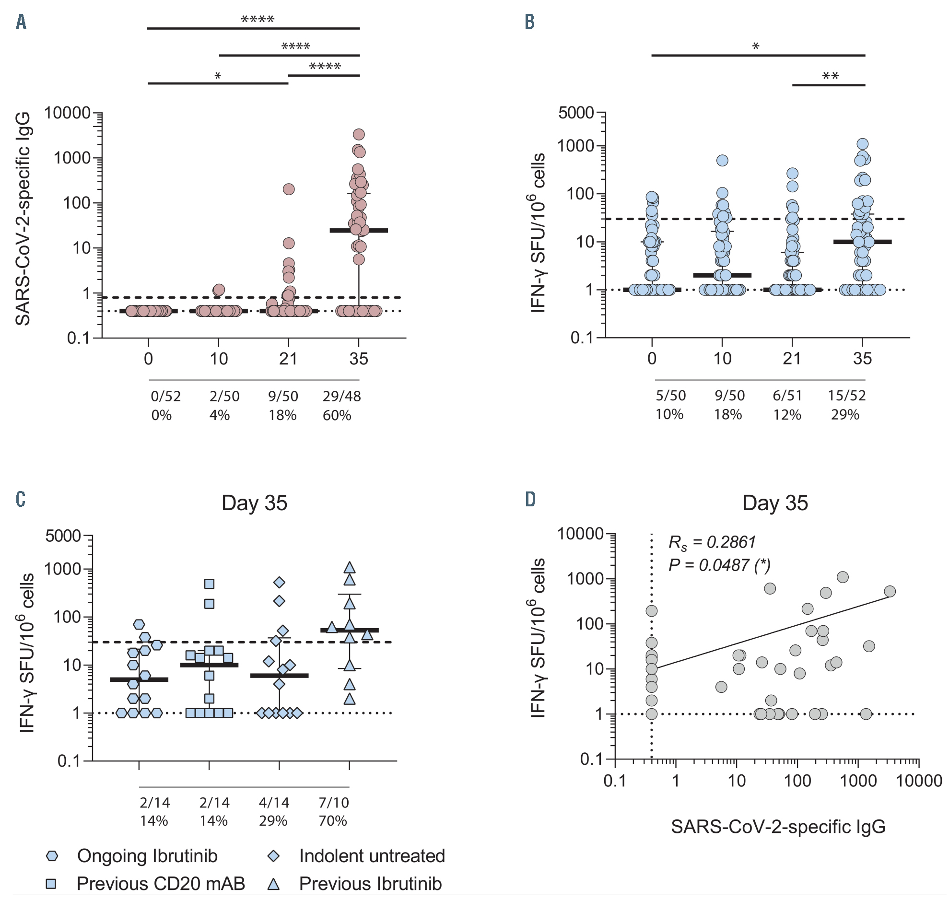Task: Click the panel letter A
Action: pos(21,22)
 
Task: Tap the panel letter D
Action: pos(530,500)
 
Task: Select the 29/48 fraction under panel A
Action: pos(341,396)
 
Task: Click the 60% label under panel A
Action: pos(337,415)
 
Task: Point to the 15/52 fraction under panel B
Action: pos(846,395)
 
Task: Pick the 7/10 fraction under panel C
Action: pos(333,802)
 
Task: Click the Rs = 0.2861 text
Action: pos(712,542)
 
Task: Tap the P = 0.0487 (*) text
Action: pos(719,565)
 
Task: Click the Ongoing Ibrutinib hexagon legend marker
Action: pos(51,856)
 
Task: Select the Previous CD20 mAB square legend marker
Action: pos(51,883)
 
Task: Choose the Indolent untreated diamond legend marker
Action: pos(273,856)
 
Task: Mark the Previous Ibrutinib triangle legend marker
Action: pos(273,883)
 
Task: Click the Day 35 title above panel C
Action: pos(254,503)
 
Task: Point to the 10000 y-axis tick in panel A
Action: pos(67,113)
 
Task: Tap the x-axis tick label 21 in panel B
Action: pos(792,358)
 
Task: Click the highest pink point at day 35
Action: pos(358,134)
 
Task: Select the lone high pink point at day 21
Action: pos(288,189)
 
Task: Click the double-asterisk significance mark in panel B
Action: pos(830,76)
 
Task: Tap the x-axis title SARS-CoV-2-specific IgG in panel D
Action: pos(778,827)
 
